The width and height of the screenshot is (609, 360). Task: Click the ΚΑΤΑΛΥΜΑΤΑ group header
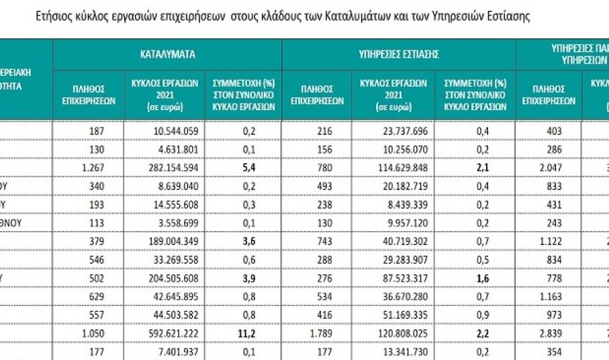pyautogui.click(x=168, y=54)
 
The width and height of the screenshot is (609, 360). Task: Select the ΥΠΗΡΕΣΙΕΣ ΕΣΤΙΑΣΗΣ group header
pyautogui.click(x=399, y=54)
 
